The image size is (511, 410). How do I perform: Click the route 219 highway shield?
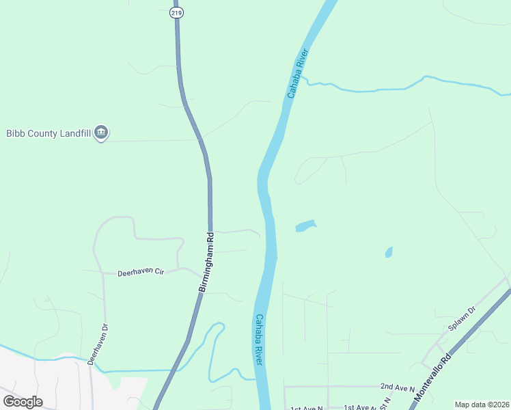(x=176, y=12)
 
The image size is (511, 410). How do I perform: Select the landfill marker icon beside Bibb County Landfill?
(x=101, y=133)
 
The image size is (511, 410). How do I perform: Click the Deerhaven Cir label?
(x=141, y=272)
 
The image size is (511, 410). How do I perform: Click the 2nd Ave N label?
(x=398, y=388)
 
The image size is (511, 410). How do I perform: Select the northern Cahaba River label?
(x=299, y=73)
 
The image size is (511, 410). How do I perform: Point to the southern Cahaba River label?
(x=259, y=338)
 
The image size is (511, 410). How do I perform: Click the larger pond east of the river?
(x=305, y=225)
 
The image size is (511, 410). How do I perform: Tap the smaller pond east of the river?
(x=389, y=252)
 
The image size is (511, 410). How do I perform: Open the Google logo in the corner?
(x=23, y=402)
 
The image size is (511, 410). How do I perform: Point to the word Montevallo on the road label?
(x=428, y=383)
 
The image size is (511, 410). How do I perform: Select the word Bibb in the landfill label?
(x=15, y=133)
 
